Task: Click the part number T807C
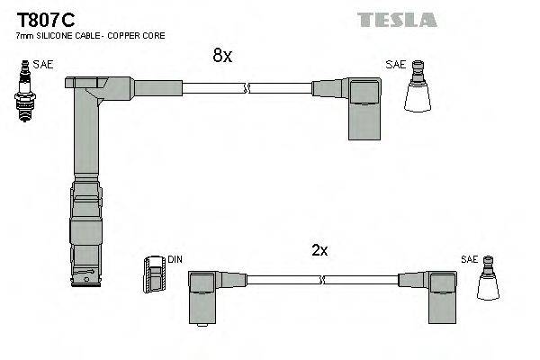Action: click(43, 18)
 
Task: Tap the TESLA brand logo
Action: click(397, 19)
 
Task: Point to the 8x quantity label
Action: click(222, 56)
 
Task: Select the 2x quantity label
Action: click(319, 251)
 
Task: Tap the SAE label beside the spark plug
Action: click(42, 66)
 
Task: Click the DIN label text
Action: click(175, 260)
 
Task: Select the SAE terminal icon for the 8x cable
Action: click(418, 89)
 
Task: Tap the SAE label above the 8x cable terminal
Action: click(395, 65)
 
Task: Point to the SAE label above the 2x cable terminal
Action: click(468, 259)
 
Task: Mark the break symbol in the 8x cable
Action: click(246, 88)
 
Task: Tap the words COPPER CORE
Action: click(147, 35)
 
